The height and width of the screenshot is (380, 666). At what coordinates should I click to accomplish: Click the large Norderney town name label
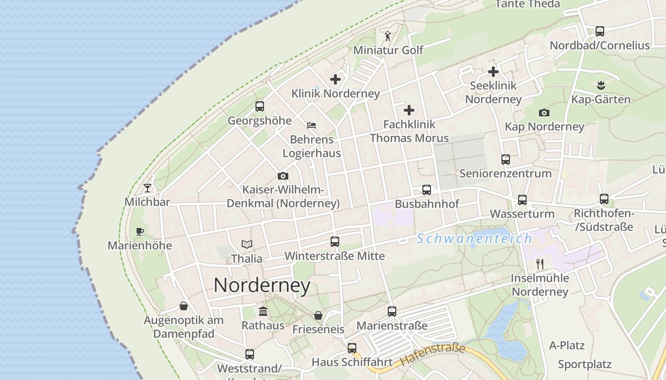click(x=262, y=285)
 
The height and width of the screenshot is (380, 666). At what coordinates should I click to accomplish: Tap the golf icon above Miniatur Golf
click(x=388, y=36)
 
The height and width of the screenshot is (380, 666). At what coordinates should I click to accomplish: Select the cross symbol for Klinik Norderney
click(x=335, y=79)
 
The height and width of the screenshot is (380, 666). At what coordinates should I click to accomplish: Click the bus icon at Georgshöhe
click(x=259, y=106)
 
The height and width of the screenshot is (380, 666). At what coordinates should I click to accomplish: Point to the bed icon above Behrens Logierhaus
click(x=312, y=125)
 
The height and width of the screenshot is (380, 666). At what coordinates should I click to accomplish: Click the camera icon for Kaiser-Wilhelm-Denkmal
click(x=283, y=176)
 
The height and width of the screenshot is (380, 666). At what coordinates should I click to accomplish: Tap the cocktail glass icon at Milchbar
click(x=147, y=188)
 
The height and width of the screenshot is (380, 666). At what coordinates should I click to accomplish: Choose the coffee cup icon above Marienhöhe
click(x=139, y=232)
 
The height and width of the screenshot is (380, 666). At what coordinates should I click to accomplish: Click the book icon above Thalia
click(x=246, y=245)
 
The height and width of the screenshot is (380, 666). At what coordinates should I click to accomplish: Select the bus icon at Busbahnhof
click(x=427, y=190)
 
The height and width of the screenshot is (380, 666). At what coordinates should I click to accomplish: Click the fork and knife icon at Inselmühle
click(x=539, y=264)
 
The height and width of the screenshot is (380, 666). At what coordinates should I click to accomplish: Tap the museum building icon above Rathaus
click(x=263, y=312)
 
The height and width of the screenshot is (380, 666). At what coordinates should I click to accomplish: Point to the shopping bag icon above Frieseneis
click(x=318, y=315)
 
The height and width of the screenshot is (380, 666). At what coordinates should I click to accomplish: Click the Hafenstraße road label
click(x=432, y=355)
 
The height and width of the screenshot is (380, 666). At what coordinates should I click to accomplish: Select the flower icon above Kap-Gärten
click(x=600, y=85)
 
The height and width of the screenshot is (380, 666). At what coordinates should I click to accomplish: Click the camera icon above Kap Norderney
click(x=544, y=113)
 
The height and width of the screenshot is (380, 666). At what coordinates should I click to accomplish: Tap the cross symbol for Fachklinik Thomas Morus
click(x=409, y=111)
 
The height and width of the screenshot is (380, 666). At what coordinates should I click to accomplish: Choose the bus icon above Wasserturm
click(x=522, y=200)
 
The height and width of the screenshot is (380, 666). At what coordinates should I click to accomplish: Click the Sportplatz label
click(x=585, y=365)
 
